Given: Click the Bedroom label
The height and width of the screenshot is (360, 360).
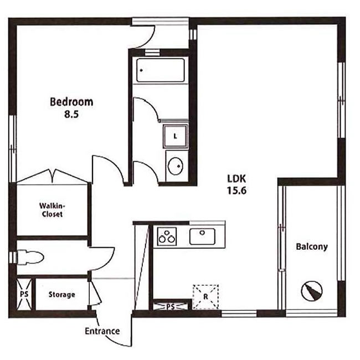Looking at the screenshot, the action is (x=71, y=102).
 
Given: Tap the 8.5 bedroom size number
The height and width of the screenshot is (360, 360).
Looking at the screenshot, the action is (x=71, y=114).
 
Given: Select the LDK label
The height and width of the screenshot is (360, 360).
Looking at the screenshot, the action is (x=236, y=179).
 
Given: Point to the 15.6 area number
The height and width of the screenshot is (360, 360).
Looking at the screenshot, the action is (x=236, y=191).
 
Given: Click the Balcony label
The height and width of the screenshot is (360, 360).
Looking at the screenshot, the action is (x=312, y=247).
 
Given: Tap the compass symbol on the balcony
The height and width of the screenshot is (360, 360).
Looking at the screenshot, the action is (x=312, y=291).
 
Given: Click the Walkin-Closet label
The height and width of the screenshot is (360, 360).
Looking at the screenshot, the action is (x=52, y=210).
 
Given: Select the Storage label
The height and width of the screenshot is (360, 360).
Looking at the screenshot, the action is (x=62, y=295).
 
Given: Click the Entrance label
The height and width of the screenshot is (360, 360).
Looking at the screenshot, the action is (x=102, y=331).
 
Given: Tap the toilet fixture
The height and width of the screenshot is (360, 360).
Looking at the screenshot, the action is (x=30, y=258).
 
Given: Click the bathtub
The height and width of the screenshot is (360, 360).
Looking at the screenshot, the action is (x=161, y=70).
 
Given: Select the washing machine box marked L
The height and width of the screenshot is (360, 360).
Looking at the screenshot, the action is (x=176, y=136).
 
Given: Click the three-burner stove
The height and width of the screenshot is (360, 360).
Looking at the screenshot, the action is (x=167, y=236).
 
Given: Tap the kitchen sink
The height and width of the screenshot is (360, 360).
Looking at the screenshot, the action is (x=203, y=236).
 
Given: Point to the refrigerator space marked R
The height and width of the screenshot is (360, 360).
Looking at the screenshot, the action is (x=205, y=297).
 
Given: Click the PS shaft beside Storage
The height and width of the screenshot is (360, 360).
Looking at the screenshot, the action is (x=24, y=294).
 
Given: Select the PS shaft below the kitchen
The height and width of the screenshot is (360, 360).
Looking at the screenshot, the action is (x=171, y=306).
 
